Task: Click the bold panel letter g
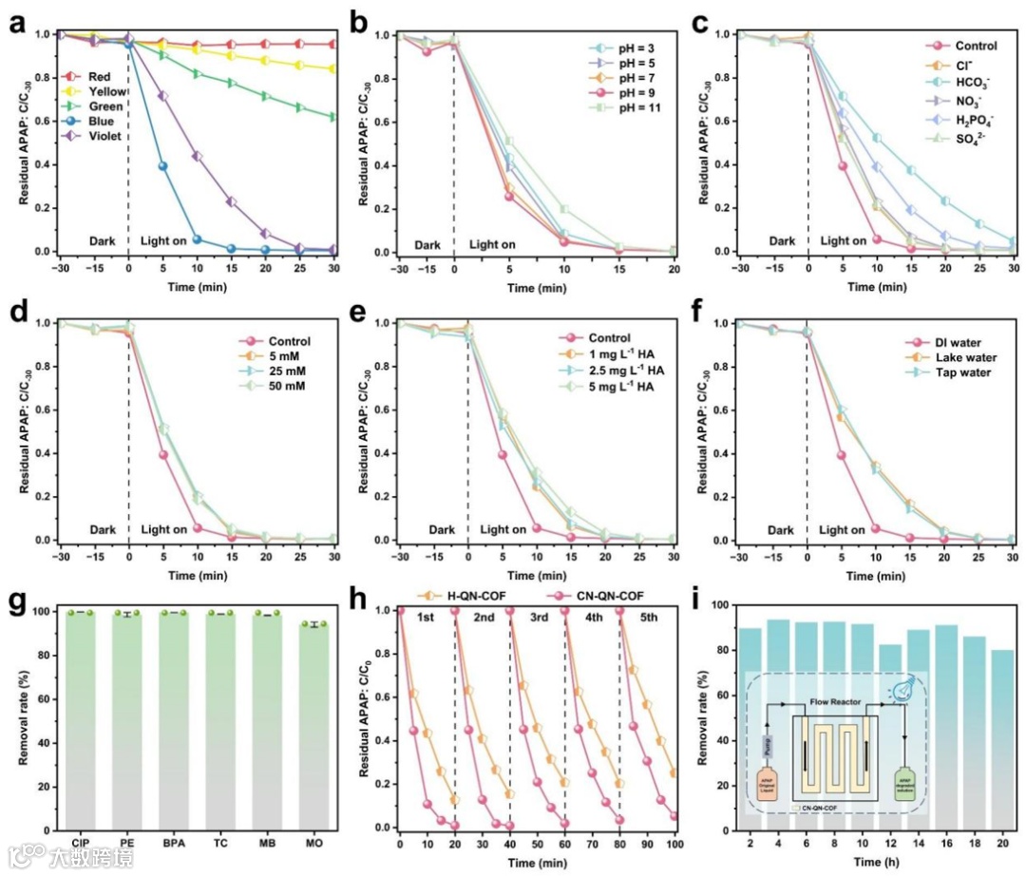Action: pos(17,602)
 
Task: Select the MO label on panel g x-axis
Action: pos(314,843)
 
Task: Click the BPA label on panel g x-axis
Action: pos(174,843)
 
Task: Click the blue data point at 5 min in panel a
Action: pos(162,166)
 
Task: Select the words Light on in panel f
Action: pos(844,530)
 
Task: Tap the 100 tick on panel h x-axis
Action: pos(674,843)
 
